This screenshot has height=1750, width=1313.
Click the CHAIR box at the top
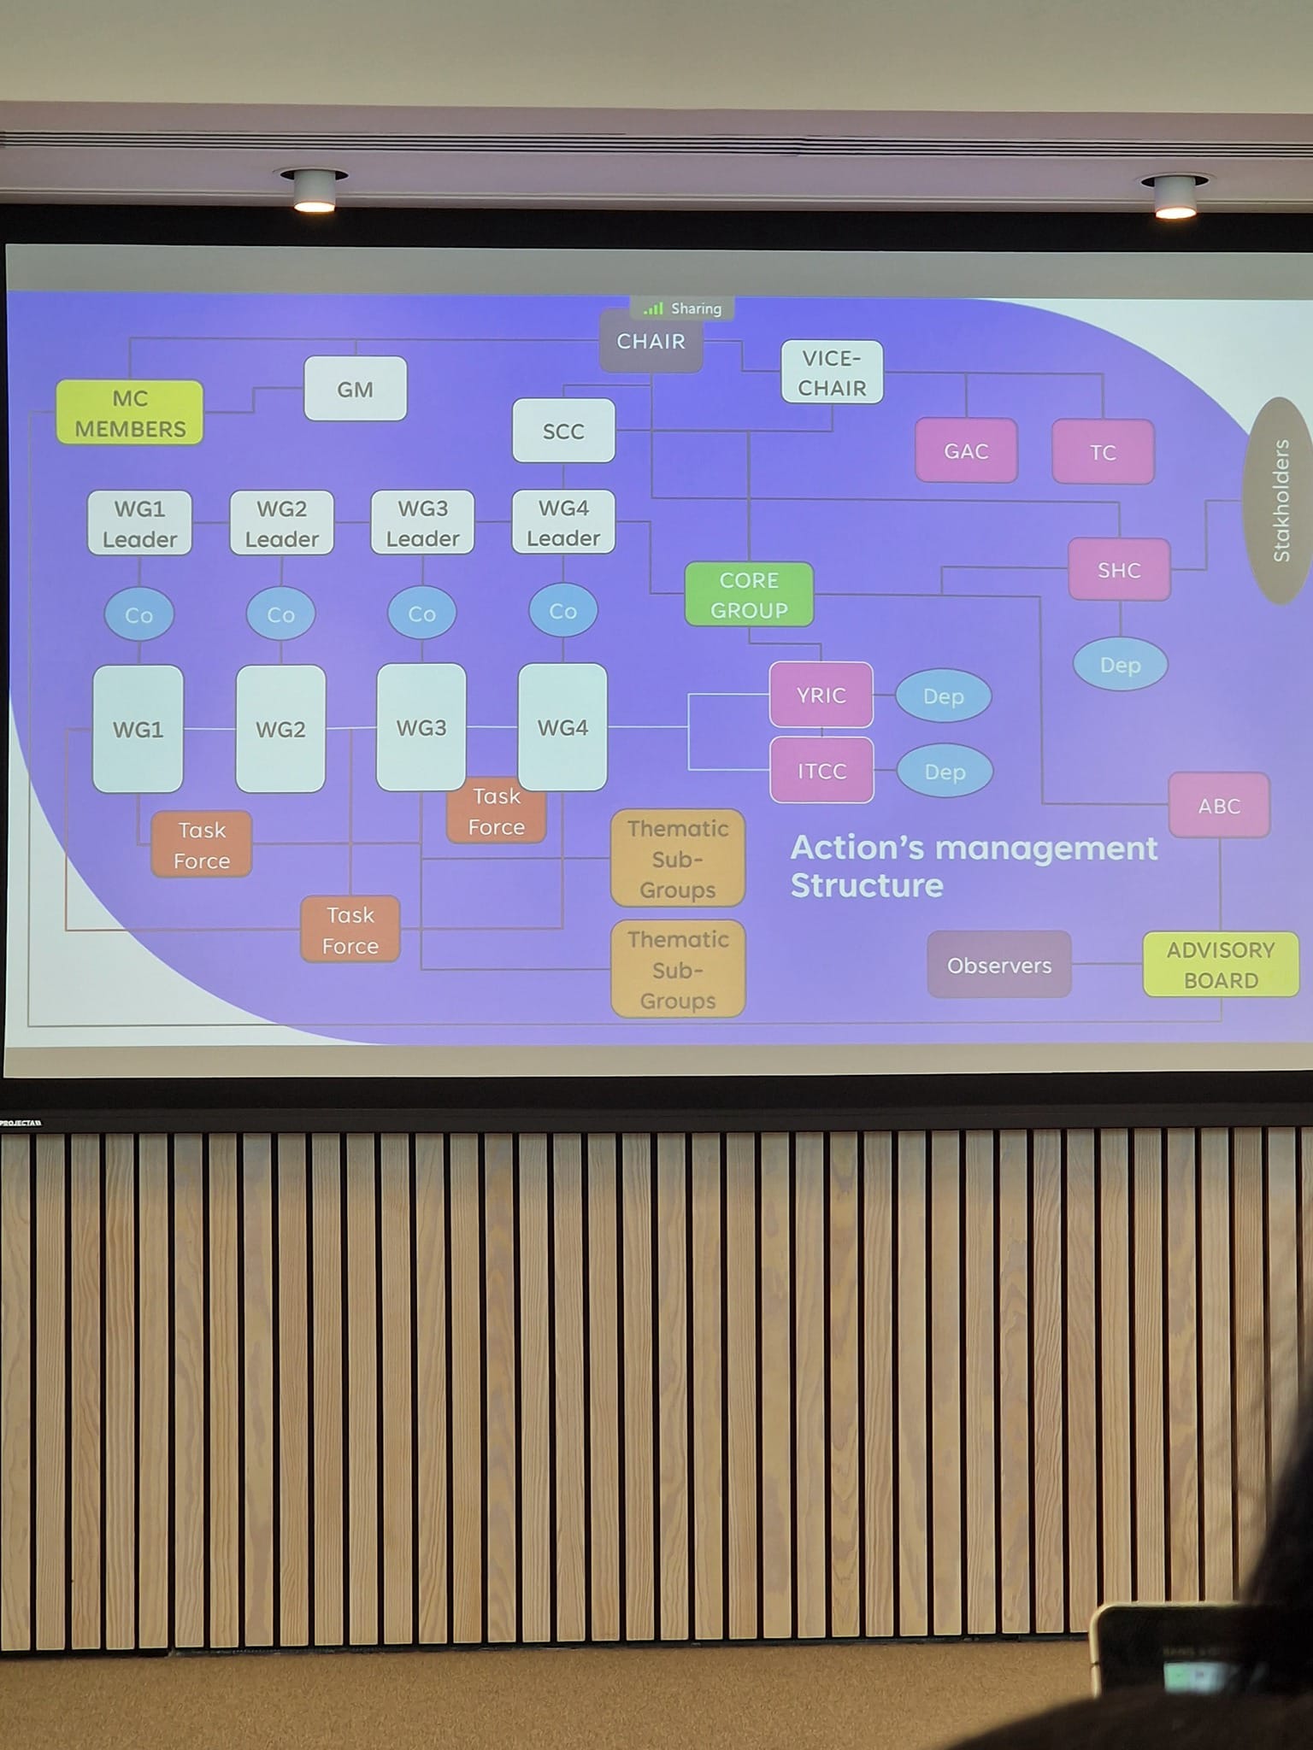click(x=651, y=342)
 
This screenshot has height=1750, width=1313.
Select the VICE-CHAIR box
click(x=832, y=373)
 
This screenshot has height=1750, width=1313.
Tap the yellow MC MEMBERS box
click(x=130, y=413)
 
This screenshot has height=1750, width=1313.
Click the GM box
click(x=355, y=389)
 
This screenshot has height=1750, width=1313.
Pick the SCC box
click(x=563, y=431)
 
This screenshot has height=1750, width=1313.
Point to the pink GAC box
click(x=966, y=451)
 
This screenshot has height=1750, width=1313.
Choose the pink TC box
click(x=1103, y=452)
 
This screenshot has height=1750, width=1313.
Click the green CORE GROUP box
click(x=749, y=595)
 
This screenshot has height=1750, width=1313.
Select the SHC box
click(x=1119, y=570)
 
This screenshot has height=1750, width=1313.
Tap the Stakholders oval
click(x=1280, y=501)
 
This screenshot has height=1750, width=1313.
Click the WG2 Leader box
click(x=281, y=523)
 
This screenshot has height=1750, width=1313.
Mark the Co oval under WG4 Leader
click(x=562, y=612)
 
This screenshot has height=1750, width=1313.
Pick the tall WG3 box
click(x=421, y=728)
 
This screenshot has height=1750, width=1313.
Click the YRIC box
click(x=821, y=696)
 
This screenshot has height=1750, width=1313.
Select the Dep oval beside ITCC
click(x=945, y=772)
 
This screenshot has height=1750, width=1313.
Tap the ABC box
click(x=1219, y=806)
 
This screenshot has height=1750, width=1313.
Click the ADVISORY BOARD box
click(x=1221, y=965)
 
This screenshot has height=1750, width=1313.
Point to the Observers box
click(x=999, y=966)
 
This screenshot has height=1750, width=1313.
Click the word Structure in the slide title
click(x=867, y=886)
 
